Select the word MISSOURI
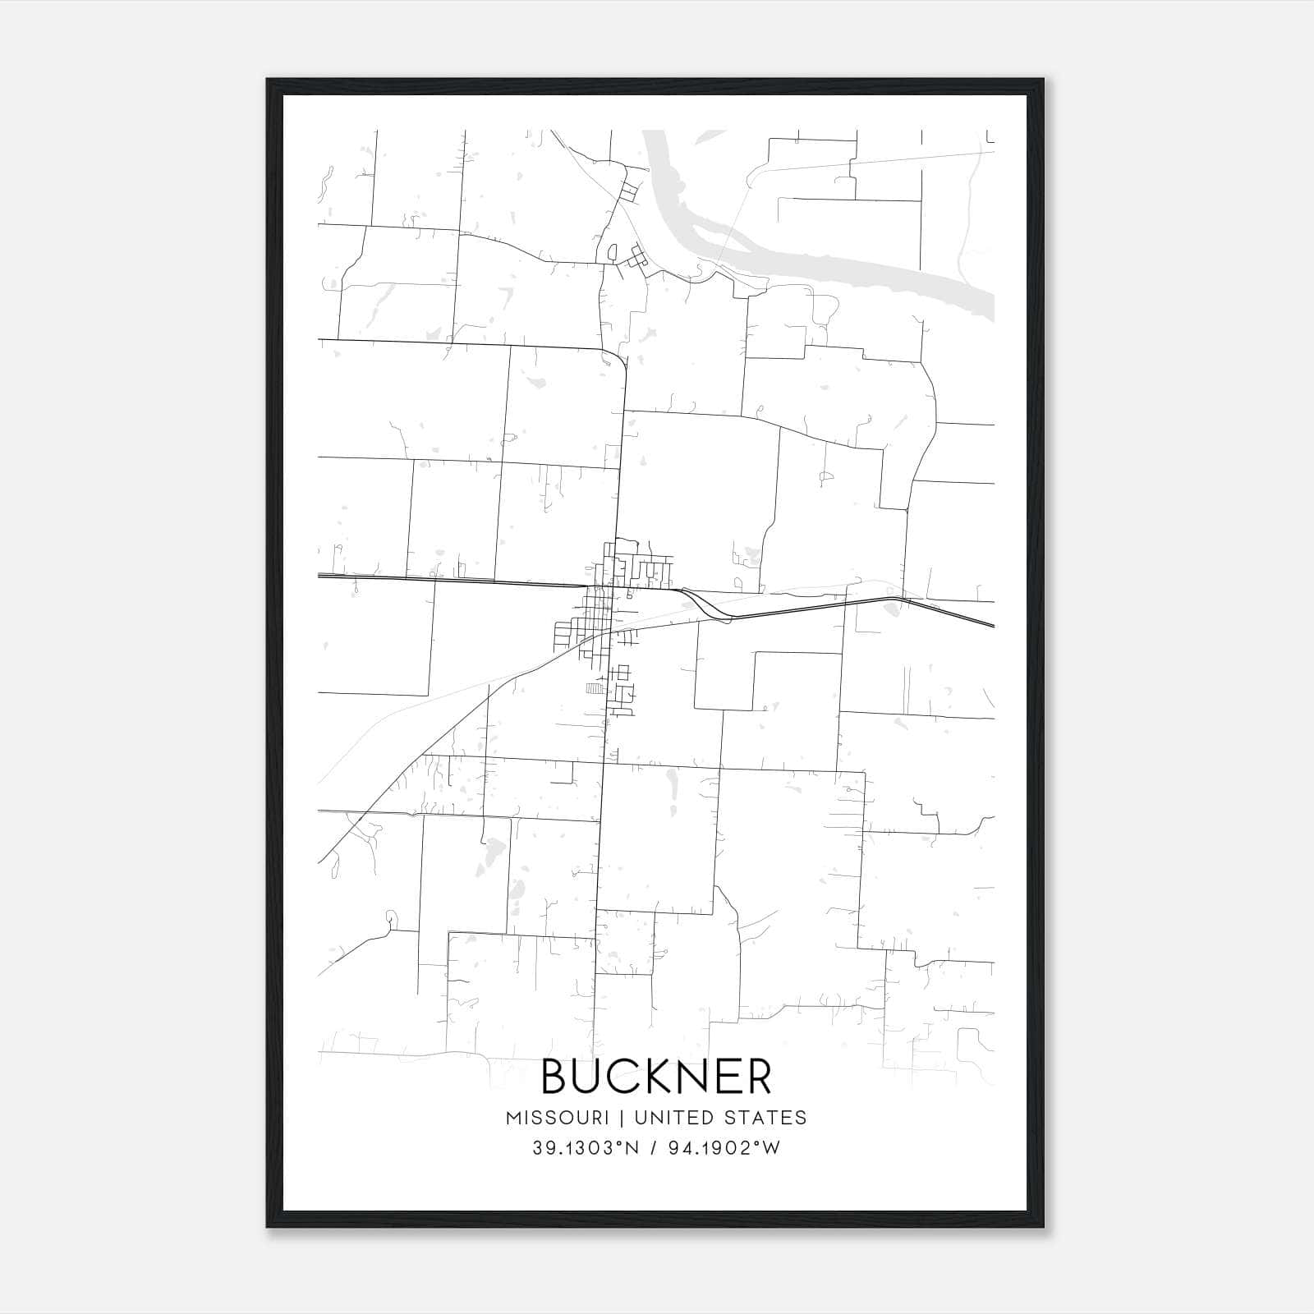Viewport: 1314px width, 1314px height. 557,1118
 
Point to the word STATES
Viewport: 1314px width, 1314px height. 765,1118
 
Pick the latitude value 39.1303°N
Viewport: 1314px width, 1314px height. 585,1148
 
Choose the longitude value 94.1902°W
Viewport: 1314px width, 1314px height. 724,1148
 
